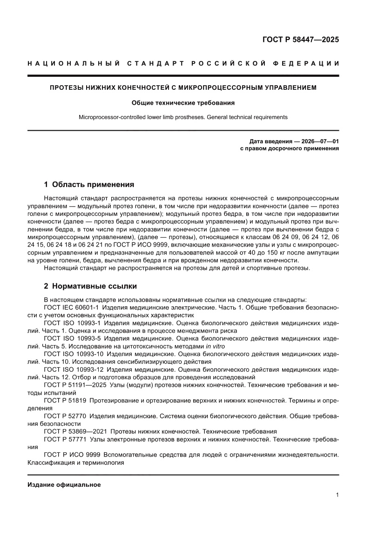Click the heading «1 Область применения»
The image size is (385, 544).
(89, 184)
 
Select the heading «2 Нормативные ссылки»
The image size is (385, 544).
(90, 286)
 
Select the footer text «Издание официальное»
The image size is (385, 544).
(64, 484)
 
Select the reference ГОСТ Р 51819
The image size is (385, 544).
(64, 401)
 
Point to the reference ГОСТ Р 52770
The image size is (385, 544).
(64, 416)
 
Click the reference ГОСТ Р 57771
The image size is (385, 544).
(64, 439)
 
